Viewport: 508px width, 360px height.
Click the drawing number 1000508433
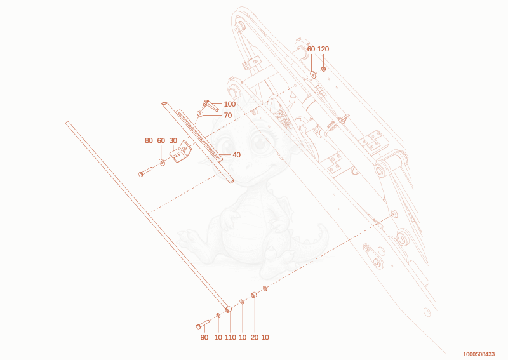pos(479,354)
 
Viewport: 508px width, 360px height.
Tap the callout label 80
pos(149,140)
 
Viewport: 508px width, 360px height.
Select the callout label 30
pos(173,140)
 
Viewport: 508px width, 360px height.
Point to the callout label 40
pos(236,155)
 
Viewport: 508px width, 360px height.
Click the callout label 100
pos(230,104)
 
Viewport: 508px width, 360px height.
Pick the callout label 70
pos(228,116)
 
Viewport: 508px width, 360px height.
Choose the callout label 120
pos(323,49)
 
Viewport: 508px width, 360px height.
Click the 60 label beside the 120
pos(311,49)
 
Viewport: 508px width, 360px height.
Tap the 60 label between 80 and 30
pos(161,140)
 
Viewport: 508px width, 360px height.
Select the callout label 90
pos(204,337)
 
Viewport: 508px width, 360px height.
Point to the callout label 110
pos(231,337)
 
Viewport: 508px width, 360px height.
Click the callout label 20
pos(255,337)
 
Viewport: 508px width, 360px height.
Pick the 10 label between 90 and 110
pos(218,337)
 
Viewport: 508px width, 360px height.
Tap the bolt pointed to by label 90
pos(203,324)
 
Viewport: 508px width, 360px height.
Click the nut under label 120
pos(323,69)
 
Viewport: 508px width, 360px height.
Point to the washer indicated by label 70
pos(200,114)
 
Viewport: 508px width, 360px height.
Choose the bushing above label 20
pos(254,295)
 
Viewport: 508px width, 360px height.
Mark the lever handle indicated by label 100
pos(211,105)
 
